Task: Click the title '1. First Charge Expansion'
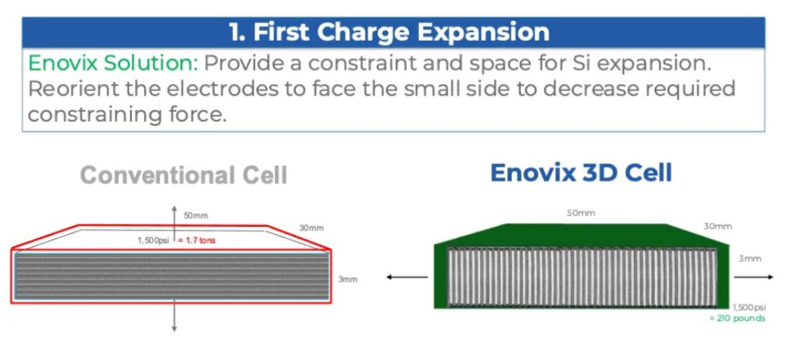pyautogui.click(x=389, y=32)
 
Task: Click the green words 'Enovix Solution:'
pyautogui.click(x=114, y=63)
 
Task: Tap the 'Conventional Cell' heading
pyautogui.click(x=183, y=175)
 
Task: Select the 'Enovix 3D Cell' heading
pyautogui.click(x=581, y=173)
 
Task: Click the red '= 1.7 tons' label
pyautogui.click(x=196, y=241)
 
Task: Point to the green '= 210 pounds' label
pyautogui.click(x=737, y=318)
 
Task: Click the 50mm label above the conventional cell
pyautogui.click(x=196, y=216)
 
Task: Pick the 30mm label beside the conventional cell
pyautogui.click(x=311, y=228)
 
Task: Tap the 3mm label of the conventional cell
pyautogui.click(x=347, y=278)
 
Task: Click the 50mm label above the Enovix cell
pyautogui.click(x=581, y=213)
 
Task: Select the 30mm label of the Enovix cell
pyautogui.click(x=717, y=227)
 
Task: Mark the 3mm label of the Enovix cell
pyautogui.click(x=750, y=259)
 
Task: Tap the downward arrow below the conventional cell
pyautogui.click(x=174, y=316)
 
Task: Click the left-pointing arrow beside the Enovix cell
pyautogui.click(x=407, y=277)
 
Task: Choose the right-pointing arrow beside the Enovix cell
pyautogui.click(x=754, y=277)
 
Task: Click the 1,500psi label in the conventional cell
pyautogui.click(x=153, y=241)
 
